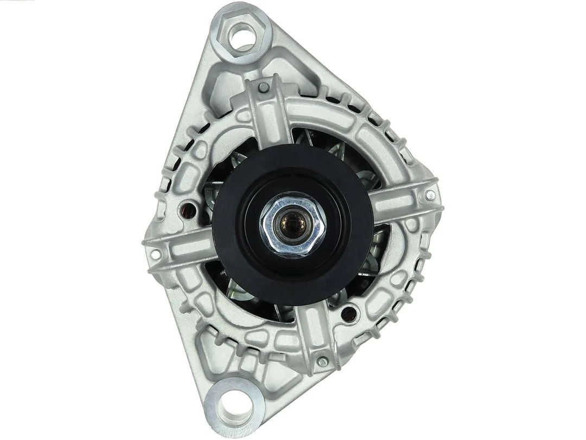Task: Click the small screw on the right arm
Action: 430,194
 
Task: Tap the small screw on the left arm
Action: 156,253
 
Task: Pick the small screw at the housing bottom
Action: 322,361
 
